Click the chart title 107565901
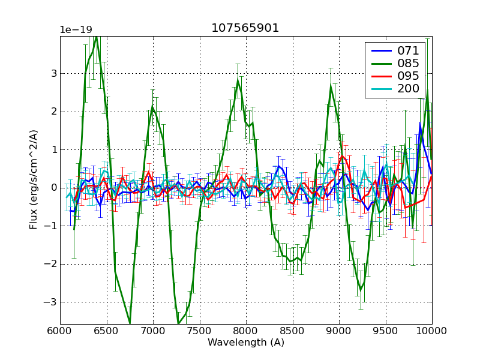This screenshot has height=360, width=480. click(245, 28)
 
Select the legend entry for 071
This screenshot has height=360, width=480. click(408, 50)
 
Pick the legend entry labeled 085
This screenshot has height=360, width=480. click(408, 63)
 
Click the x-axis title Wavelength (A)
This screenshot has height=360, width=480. click(246, 343)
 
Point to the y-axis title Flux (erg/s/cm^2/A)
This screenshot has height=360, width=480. click(34, 181)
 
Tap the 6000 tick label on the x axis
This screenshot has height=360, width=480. click(60, 331)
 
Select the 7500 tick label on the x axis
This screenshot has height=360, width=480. click(199, 331)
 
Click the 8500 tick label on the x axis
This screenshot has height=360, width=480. click(292, 331)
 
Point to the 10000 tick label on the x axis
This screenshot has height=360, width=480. click(431, 331)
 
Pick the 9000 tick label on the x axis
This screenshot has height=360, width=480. click(339, 331)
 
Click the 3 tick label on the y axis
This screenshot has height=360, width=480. click(54, 74)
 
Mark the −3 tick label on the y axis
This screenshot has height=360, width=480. click(52, 302)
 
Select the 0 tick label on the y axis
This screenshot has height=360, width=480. click(54, 188)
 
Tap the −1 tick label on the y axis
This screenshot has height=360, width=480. click(52, 226)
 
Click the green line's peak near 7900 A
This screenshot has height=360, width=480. click(238, 80)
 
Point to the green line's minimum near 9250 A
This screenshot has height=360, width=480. click(361, 290)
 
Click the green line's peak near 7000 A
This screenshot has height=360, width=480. click(153, 107)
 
